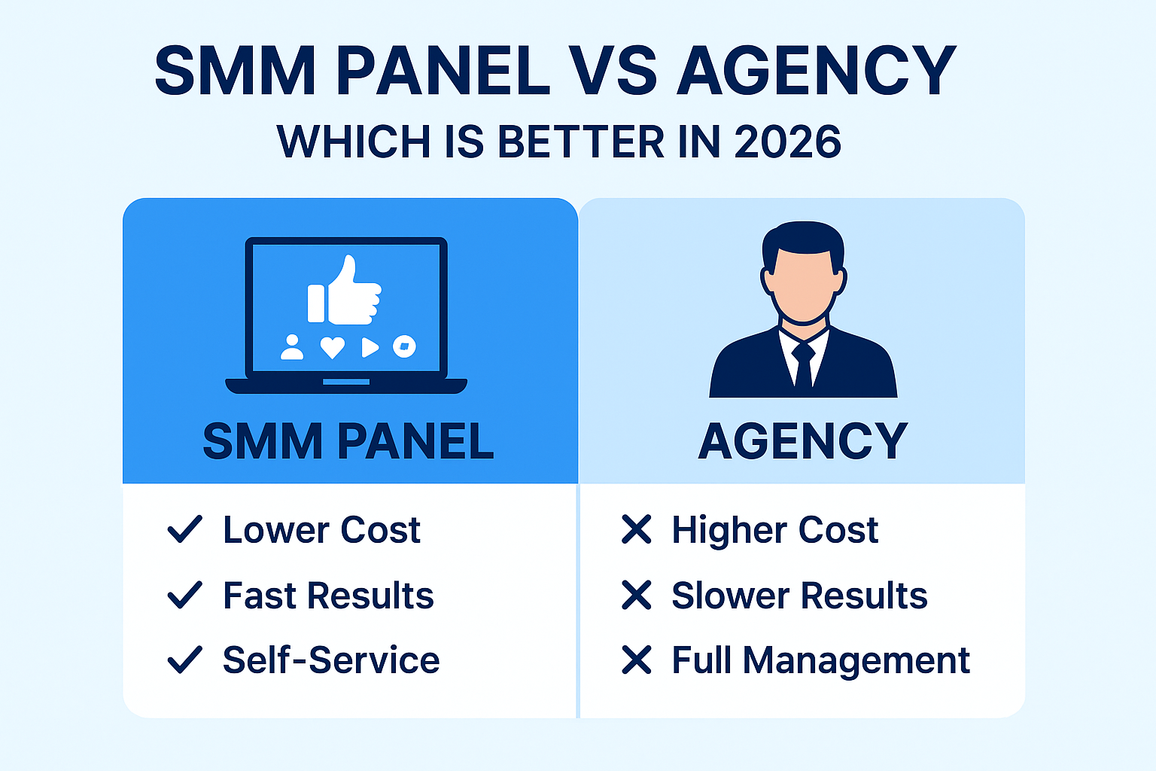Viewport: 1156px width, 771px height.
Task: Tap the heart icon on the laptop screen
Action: point(332,347)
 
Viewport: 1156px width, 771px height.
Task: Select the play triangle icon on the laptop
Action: point(369,347)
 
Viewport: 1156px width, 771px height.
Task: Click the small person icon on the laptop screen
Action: point(292,347)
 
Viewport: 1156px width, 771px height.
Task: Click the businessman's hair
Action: point(803,238)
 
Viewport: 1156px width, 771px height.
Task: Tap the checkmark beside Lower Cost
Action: point(184,529)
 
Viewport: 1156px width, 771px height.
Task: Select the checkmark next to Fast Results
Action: point(184,595)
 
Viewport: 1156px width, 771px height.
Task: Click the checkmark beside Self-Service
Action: point(184,660)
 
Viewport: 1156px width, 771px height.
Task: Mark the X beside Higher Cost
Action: point(637,529)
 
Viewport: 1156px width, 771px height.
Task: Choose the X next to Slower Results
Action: point(637,595)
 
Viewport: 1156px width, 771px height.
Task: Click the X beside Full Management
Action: point(637,660)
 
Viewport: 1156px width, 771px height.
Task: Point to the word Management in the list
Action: point(856,661)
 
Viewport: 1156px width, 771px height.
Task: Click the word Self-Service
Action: point(331,660)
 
